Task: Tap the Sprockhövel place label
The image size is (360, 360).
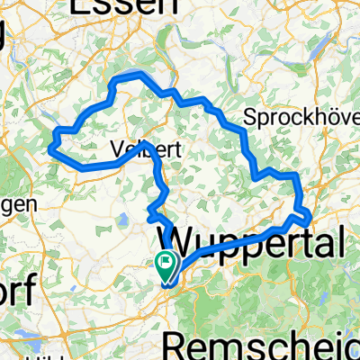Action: click(x=301, y=119)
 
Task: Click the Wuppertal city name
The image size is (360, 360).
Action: click(x=252, y=241)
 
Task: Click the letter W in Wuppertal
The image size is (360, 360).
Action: click(x=177, y=241)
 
